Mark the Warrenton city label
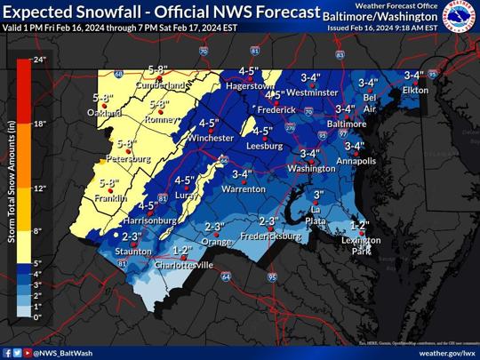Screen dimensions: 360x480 point(243,189)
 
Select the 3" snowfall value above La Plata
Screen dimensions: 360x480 point(318,194)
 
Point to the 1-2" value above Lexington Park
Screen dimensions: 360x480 point(358,224)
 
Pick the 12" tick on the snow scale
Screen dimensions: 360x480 point(39,188)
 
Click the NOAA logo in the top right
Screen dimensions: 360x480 point(460,20)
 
